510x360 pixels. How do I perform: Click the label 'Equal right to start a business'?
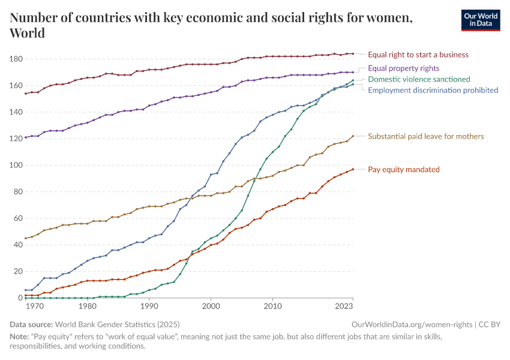418,55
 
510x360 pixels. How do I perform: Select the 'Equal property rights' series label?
403,68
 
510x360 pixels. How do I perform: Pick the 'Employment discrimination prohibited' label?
433,90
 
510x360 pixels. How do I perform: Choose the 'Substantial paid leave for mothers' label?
425,136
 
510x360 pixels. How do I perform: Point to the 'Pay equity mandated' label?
403,169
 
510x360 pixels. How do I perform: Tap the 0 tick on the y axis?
20,298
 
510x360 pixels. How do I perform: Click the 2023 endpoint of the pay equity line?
353,169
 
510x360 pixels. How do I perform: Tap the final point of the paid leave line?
353,136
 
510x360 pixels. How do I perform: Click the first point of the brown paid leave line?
25,238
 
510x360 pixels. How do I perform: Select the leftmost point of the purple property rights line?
25,137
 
